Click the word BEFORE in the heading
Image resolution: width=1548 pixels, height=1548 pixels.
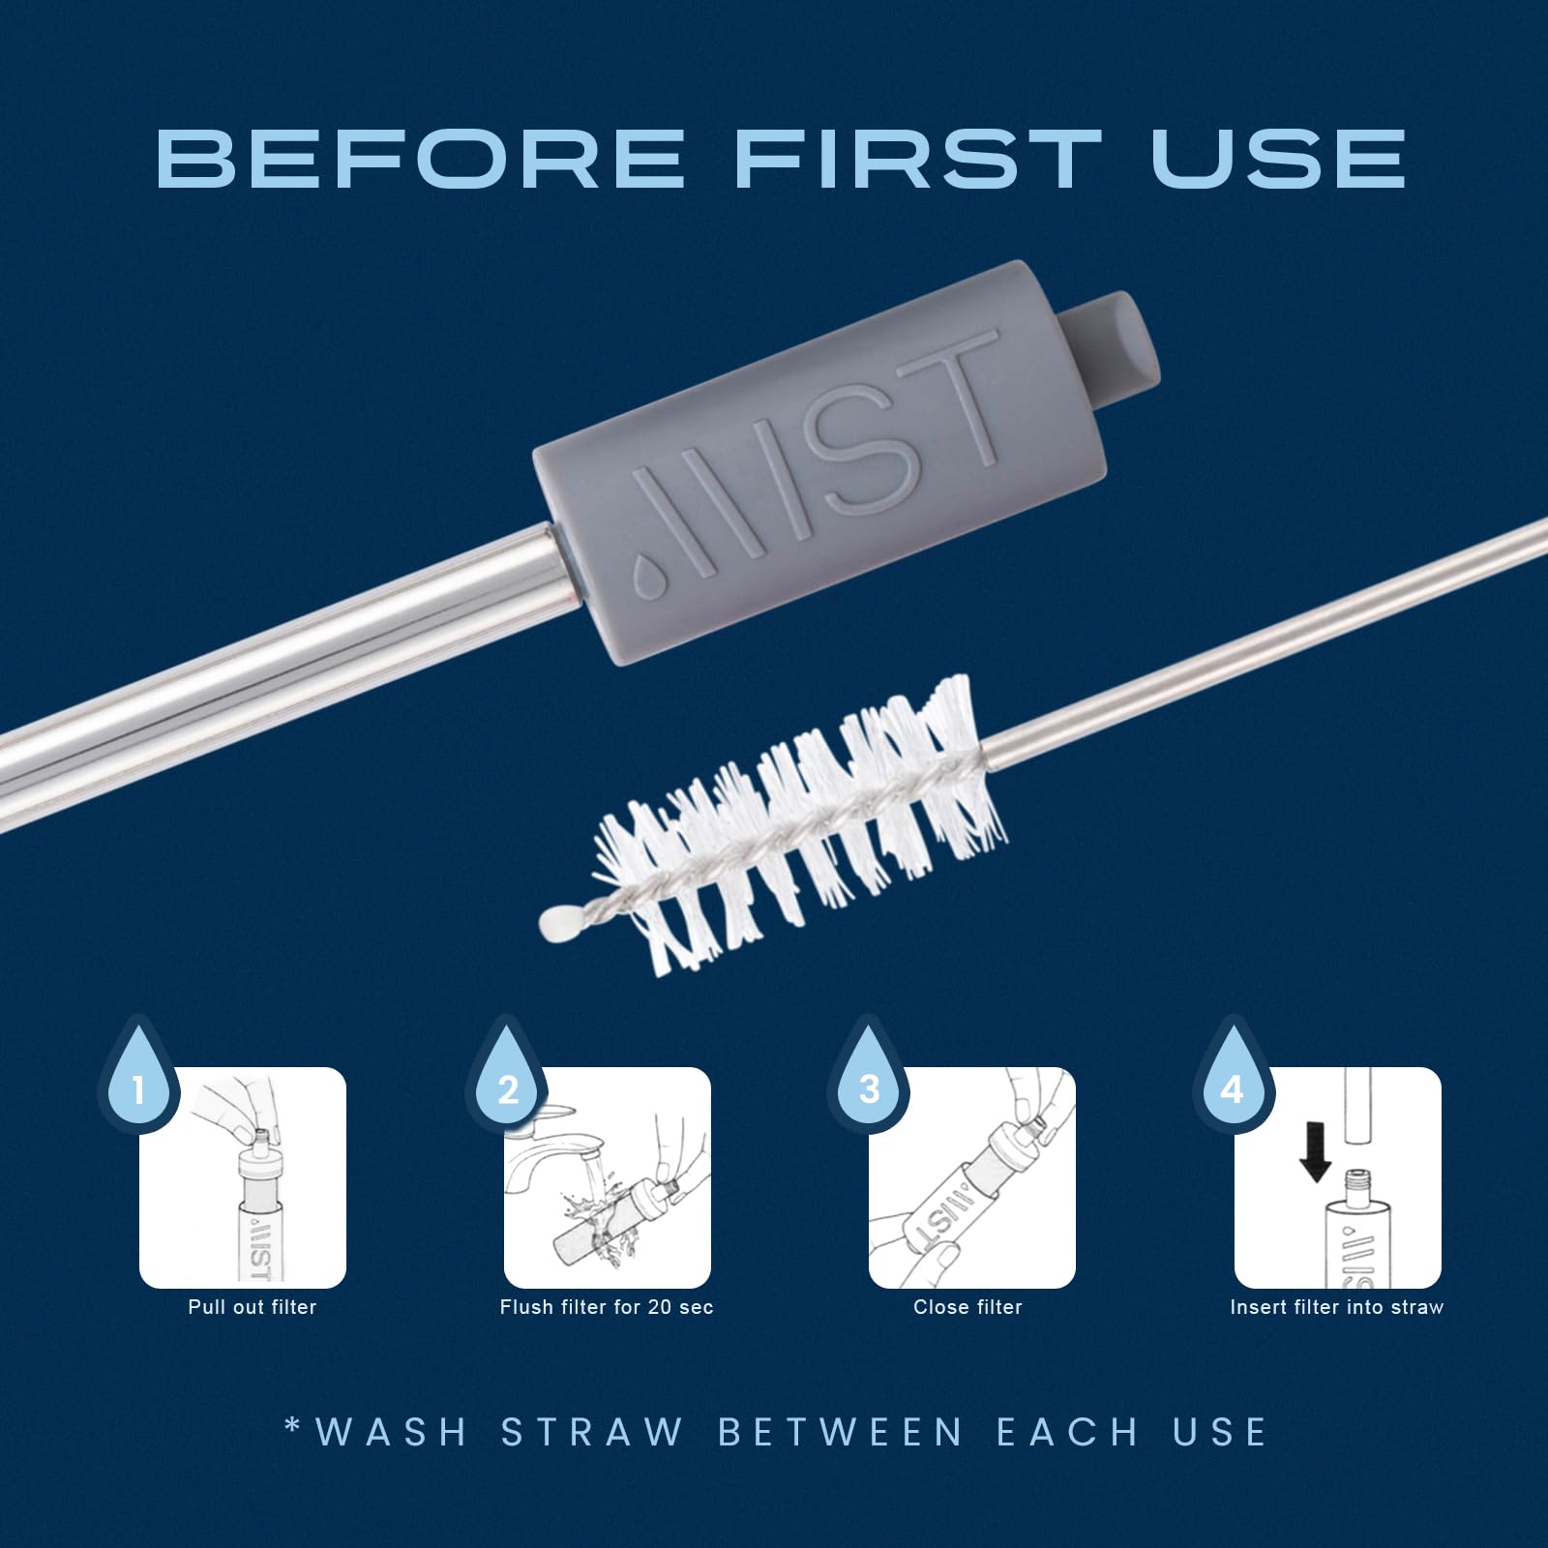coord(421,158)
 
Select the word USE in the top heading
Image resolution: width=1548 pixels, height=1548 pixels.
coord(1278,158)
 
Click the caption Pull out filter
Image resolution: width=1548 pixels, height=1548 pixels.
coord(253,1307)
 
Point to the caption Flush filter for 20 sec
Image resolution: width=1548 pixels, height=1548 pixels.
coord(607,1307)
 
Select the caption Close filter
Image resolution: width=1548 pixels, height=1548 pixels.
coord(967,1307)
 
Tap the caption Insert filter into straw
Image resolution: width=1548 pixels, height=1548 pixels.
coord(1337,1307)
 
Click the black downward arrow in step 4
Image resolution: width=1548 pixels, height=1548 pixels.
coord(1315,1151)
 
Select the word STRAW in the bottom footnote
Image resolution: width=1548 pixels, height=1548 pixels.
coord(592,1432)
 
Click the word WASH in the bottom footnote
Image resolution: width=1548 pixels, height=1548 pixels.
coord(392,1432)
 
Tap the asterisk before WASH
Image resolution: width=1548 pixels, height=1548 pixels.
coord(293,1425)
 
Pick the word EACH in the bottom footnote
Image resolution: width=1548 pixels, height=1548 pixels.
coord(1068,1432)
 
